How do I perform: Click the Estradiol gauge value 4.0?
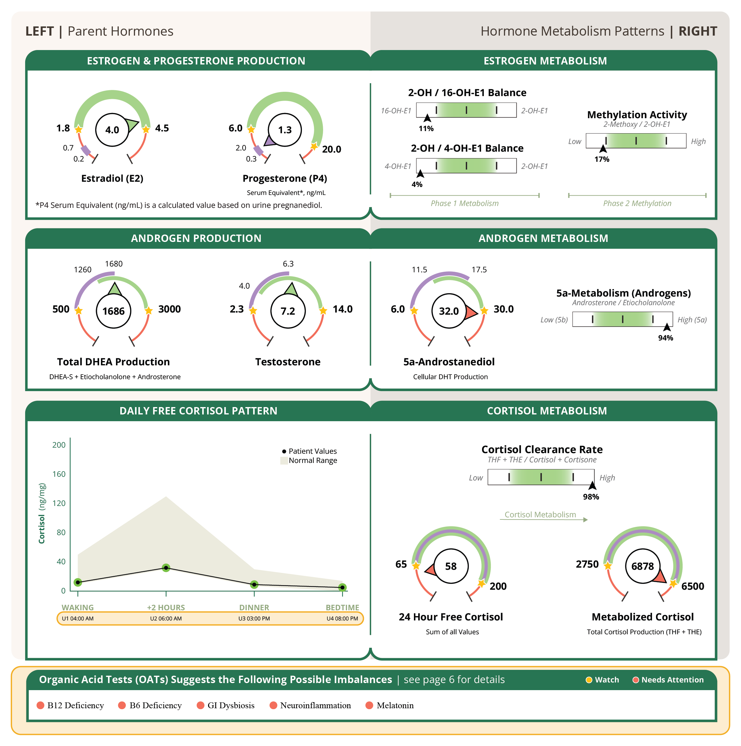pyautogui.click(x=112, y=130)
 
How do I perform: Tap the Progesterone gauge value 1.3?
pyautogui.click(x=285, y=130)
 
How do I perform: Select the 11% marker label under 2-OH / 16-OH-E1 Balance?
pyautogui.click(x=426, y=129)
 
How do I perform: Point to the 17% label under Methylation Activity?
pyautogui.click(x=602, y=159)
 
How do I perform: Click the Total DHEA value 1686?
pyautogui.click(x=114, y=311)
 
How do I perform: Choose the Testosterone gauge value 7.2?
pyautogui.click(x=288, y=311)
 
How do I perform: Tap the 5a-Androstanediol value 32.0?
pyautogui.click(x=449, y=311)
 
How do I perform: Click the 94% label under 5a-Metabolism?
pyautogui.click(x=665, y=338)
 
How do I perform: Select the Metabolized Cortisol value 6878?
pyautogui.click(x=643, y=566)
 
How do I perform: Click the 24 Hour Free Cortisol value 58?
pyautogui.click(x=451, y=566)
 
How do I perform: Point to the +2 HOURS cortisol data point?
pyautogui.click(x=166, y=568)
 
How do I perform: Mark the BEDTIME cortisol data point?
pyautogui.click(x=342, y=587)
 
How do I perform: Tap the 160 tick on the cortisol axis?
pyautogui.click(x=59, y=474)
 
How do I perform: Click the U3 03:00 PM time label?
pyautogui.click(x=254, y=619)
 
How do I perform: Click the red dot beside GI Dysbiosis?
pyautogui.click(x=200, y=705)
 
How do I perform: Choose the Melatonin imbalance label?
pyautogui.click(x=395, y=705)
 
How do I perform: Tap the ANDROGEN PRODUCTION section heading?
pyautogui.click(x=196, y=238)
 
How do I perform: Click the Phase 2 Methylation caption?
pyautogui.click(x=637, y=204)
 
